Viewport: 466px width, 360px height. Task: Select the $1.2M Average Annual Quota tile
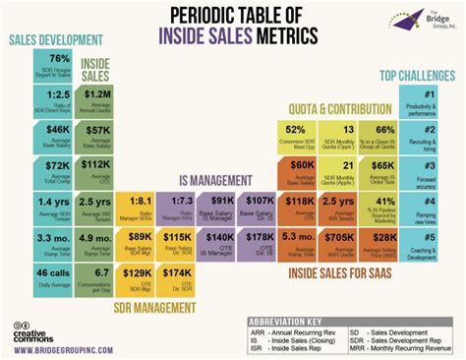pos(97,99)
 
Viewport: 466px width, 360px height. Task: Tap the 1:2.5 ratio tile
pos(58,99)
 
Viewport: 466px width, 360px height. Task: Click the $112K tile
pos(97,170)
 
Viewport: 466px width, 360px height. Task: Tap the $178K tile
pos(261,242)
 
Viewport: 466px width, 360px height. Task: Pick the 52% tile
pos(295,135)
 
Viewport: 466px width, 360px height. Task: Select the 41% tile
pos(383,207)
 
